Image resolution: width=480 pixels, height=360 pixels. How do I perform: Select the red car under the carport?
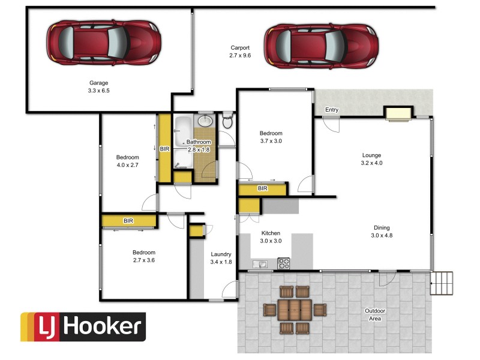320,46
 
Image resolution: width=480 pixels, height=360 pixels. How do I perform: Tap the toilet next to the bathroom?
227,122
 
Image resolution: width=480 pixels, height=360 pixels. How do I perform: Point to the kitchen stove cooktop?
284,263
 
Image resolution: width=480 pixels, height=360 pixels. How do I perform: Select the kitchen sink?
260,263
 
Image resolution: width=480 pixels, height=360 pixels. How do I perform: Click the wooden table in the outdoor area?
294,310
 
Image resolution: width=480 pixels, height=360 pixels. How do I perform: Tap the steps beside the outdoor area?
442,283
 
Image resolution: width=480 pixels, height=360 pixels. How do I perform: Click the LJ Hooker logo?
83,327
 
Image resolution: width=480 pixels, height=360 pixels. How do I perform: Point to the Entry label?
331,110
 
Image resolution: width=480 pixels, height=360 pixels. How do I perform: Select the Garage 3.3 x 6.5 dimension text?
98,87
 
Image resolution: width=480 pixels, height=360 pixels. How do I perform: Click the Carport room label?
240,52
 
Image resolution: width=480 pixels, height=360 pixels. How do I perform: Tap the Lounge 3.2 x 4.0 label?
371,159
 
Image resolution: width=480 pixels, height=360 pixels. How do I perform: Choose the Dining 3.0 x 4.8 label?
382,232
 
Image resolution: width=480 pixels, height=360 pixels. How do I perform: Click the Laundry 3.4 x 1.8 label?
221,258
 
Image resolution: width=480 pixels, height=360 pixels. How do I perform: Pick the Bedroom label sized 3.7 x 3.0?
271,137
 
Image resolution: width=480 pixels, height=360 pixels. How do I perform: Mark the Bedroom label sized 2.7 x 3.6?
144,256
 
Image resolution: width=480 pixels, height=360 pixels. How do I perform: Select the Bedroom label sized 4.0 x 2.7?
127,161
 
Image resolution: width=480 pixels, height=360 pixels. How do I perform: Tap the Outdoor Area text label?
376,314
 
